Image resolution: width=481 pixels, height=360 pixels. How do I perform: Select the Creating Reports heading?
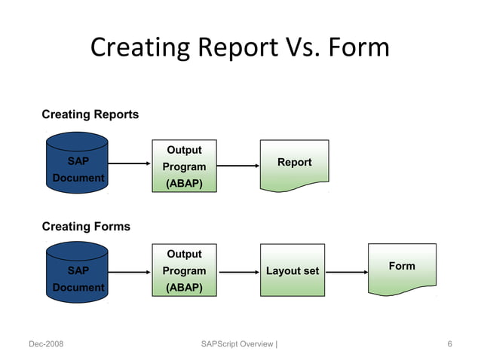tap(90, 114)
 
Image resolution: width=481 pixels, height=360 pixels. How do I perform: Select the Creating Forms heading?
tap(85, 226)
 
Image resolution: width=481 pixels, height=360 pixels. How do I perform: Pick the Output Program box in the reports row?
tap(184, 166)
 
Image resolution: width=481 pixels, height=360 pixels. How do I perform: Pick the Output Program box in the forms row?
tap(184, 271)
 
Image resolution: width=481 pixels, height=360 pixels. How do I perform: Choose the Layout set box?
tap(293, 271)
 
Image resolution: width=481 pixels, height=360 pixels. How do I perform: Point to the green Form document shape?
tap(401, 269)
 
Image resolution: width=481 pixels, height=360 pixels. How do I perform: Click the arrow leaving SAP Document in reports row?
tap(130, 163)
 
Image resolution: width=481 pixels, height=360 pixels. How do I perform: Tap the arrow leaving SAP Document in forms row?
tap(130, 272)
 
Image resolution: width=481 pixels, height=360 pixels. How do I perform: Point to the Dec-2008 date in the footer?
tap(46, 344)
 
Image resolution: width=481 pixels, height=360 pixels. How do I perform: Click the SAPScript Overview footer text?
tap(239, 344)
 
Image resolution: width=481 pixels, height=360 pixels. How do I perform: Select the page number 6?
tap(449, 344)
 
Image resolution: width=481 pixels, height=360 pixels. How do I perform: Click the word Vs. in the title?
tap(302, 47)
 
